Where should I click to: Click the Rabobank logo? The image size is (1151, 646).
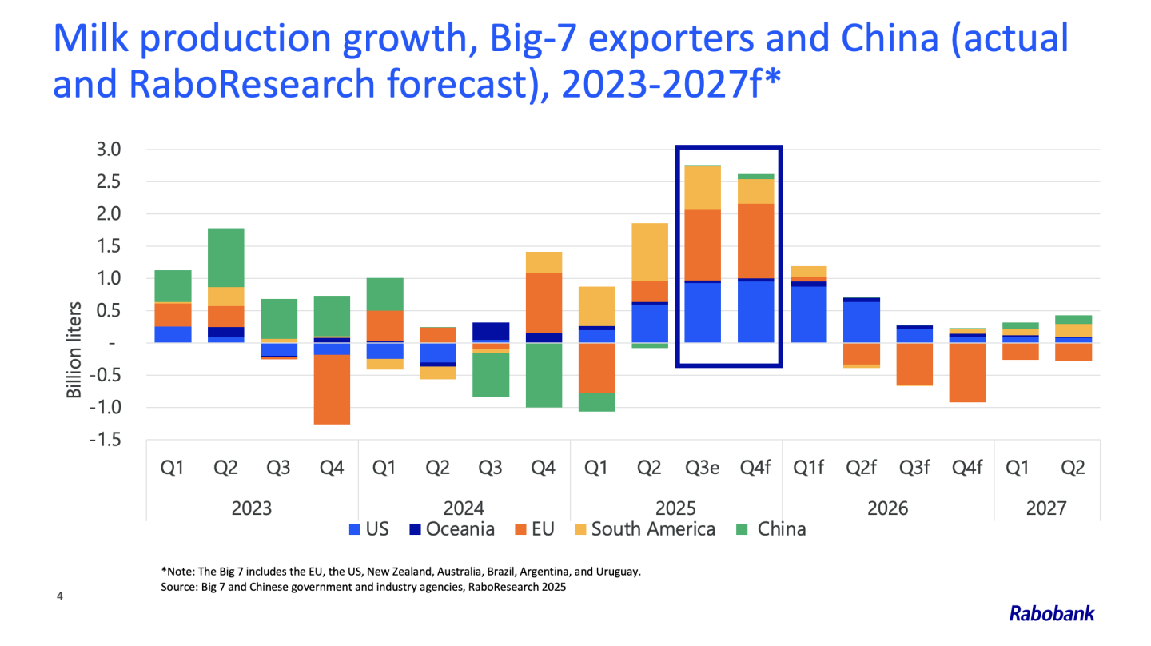coord(1051,614)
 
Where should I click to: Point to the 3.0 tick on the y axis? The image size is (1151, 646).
coord(109,150)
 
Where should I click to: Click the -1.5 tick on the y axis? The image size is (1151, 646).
coord(106,440)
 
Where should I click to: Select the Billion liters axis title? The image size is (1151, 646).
coord(75,349)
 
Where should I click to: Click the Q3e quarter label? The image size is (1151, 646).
coord(702,468)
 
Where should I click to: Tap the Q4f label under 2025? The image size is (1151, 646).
coord(755,468)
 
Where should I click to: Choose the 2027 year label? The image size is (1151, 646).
coord(1046,508)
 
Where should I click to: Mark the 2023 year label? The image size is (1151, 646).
coord(252,508)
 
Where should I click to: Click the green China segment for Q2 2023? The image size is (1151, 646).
coord(225,257)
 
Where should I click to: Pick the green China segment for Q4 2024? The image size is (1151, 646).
coord(544,375)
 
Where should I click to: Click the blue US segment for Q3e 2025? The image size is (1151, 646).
coord(702,313)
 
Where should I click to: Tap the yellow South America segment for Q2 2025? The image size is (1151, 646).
coord(649,252)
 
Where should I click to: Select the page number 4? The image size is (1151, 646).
coord(58,596)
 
